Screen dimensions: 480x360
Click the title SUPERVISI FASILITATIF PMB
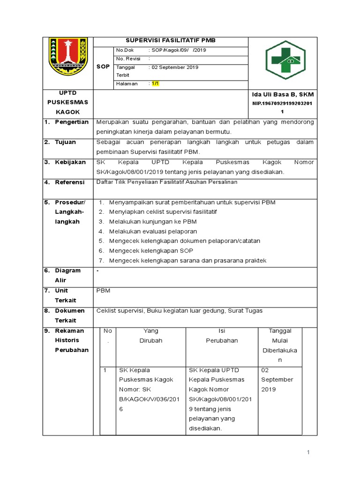pyautogui.click(x=171, y=41)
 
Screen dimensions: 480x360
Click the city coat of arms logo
pyautogui.click(x=68, y=59)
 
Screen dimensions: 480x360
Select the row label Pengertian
pyautogui.click(x=72, y=122)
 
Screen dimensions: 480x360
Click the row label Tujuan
pyautogui.click(x=65, y=142)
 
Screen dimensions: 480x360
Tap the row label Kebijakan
pyautogui.click(x=70, y=162)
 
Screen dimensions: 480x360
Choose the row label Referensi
pyautogui.click(x=70, y=182)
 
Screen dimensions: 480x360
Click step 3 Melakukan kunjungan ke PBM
pyautogui.click(x=153, y=222)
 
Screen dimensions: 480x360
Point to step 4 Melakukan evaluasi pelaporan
pyautogui.click(x=153, y=232)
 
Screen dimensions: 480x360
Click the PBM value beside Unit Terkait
pyautogui.click(x=103, y=291)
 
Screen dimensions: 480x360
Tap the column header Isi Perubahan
pyautogui.click(x=222, y=336)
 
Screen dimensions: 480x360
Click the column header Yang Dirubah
pyautogui.click(x=151, y=336)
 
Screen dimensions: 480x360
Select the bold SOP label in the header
pyautogui.click(x=103, y=67)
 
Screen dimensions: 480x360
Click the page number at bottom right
pyautogui.click(x=308, y=452)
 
